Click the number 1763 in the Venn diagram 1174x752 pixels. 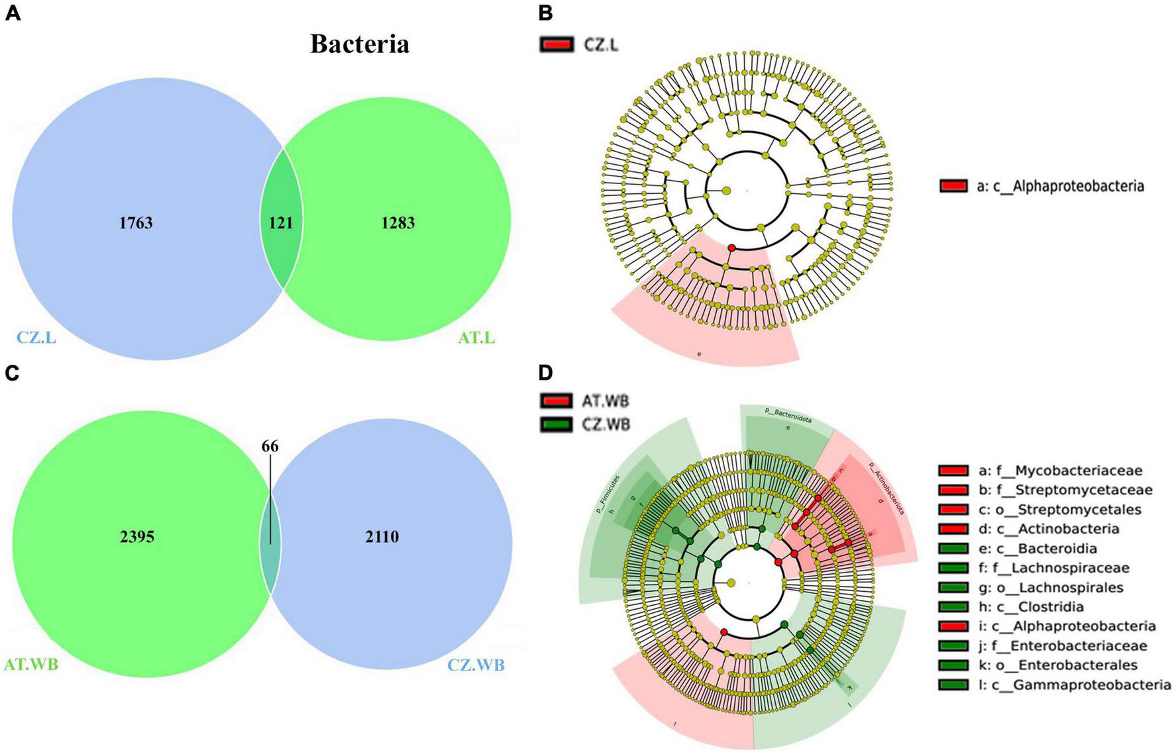tap(136, 223)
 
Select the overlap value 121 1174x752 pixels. tap(281, 223)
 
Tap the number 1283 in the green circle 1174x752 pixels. tap(398, 223)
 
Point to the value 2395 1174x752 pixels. tap(137, 536)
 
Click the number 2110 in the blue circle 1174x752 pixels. tap(382, 536)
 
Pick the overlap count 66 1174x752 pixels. tap(270, 446)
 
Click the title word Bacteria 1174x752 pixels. tap(360, 44)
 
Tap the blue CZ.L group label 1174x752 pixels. tap(36, 338)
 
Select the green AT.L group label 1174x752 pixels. tap(476, 338)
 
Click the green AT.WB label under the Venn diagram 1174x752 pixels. tap(31, 664)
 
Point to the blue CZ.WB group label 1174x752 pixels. tap(476, 664)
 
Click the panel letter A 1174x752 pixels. tap(13, 13)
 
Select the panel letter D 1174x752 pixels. tap(545, 373)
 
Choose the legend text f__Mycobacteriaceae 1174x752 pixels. tap(1069, 471)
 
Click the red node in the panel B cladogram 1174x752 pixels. tap(731, 248)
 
